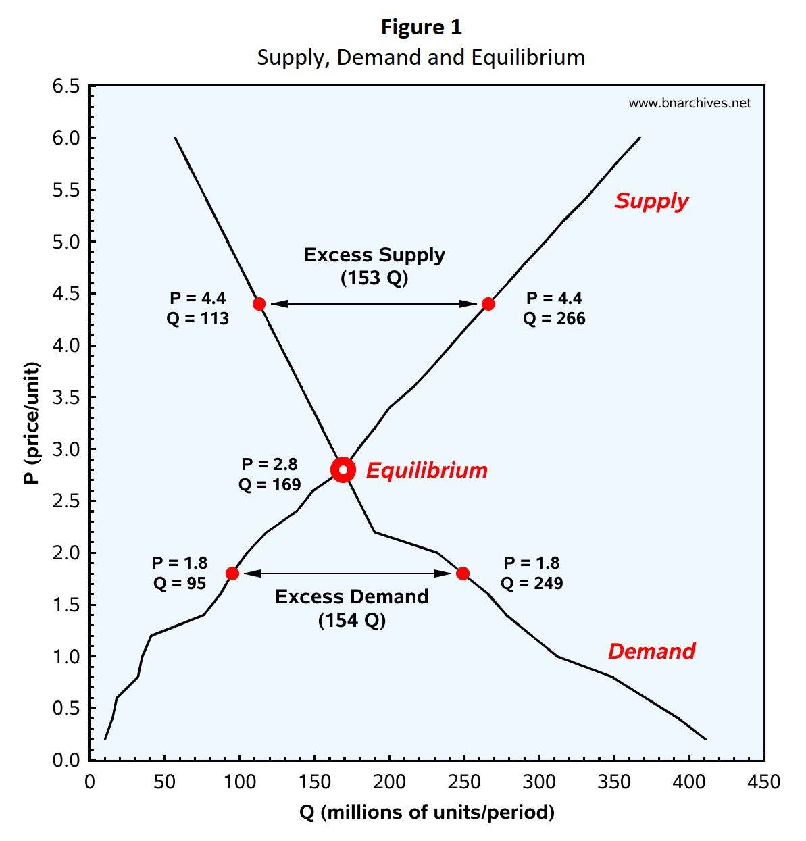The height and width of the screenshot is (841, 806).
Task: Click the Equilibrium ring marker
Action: (x=343, y=469)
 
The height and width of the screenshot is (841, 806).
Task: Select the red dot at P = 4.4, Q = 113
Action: (x=259, y=304)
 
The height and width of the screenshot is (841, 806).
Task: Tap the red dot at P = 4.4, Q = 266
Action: (x=488, y=304)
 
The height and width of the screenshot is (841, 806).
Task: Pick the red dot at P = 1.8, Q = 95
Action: (x=232, y=574)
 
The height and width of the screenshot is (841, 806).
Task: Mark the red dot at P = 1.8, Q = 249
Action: (x=463, y=574)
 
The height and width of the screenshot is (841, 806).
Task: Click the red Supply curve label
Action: (x=651, y=201)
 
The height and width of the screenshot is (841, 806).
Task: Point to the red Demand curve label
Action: (x=651, y=651)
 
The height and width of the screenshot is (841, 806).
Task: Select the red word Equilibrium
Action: (x=426, y=470)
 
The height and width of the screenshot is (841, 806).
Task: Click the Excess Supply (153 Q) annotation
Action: (x=374, y=266)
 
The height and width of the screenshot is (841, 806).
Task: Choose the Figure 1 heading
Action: (x=422, y=27)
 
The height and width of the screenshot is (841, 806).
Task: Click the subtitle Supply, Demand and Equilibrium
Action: (x=421, y=57)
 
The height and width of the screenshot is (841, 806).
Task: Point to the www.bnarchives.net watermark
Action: (x=689, y=103)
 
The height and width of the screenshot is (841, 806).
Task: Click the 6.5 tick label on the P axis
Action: (x=66, y=86)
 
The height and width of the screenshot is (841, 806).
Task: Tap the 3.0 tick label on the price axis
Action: (x=66, y=449)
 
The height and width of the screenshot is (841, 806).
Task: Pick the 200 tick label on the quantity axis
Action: (x=390, y=782)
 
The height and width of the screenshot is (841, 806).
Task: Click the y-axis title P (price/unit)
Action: (x=31, y=424)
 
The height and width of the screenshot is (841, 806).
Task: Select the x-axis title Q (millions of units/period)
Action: (x=427, y=811)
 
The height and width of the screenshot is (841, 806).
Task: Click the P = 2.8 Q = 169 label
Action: (x=270, y=474)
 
